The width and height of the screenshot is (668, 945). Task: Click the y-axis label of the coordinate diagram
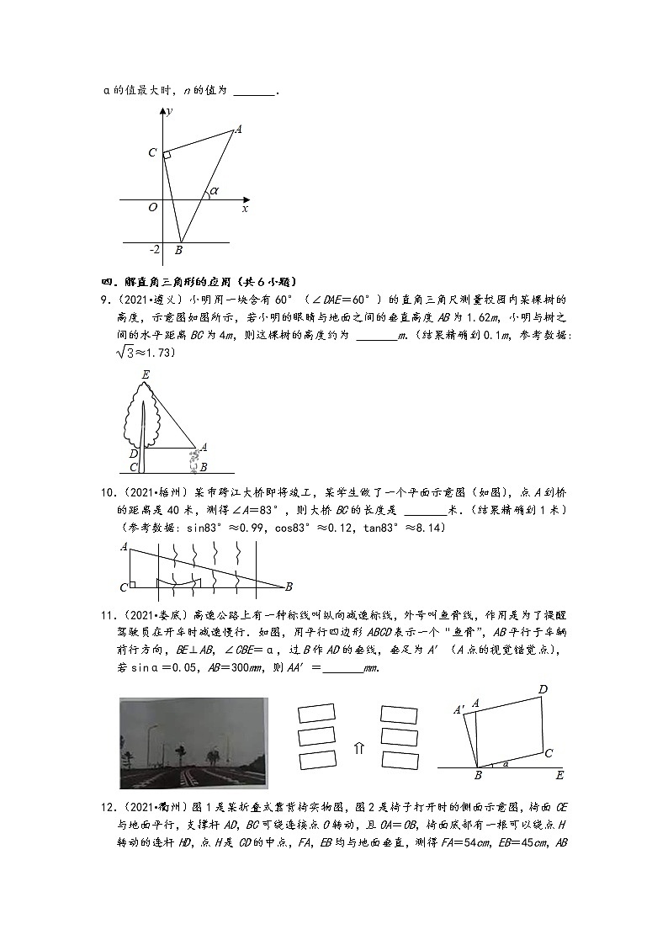point(170,111)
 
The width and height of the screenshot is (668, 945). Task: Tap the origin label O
point(152,207)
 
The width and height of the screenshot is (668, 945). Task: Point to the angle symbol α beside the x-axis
point(214,191)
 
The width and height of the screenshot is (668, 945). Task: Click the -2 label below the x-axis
point(154,250)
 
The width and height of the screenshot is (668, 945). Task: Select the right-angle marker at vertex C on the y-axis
point(167,155)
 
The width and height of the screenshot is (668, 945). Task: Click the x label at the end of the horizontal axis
point(245,208)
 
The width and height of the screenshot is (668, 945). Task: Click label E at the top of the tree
point(146,374)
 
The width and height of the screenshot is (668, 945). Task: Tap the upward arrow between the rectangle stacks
point(358,748)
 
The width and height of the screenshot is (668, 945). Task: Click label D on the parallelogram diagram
point(543,690)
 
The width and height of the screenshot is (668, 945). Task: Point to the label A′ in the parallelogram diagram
point(459,710)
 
